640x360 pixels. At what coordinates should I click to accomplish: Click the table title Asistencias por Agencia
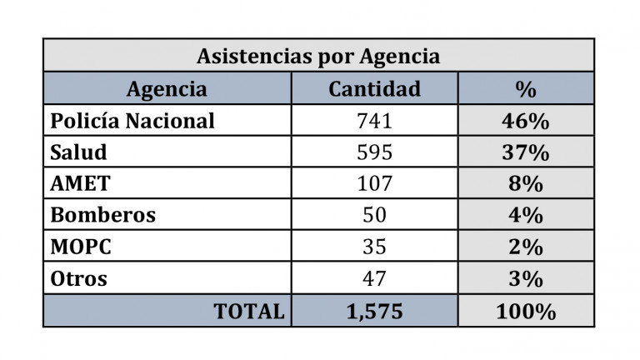317,56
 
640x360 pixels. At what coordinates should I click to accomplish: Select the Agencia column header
167,89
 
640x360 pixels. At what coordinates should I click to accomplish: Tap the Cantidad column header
374,89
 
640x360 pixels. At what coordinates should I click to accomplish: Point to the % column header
526,89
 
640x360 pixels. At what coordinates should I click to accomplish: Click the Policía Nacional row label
132,121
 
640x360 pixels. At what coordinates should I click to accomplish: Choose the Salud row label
79,152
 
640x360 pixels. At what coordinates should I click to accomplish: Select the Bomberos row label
102,215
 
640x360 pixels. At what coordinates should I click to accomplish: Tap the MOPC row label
82,247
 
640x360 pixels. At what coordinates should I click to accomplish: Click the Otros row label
79,278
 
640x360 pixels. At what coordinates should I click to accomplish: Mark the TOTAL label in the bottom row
249,311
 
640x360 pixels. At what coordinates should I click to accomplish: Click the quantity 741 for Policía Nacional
374,121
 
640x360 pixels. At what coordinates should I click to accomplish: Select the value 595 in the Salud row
374,152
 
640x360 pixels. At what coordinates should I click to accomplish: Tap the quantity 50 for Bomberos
374,215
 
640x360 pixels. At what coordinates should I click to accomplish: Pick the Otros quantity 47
374,278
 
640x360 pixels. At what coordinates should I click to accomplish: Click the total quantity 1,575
374,311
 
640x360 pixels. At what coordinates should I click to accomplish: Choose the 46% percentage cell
526,121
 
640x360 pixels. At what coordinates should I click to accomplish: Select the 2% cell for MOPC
526,247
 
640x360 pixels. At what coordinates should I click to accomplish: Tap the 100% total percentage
526,311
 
